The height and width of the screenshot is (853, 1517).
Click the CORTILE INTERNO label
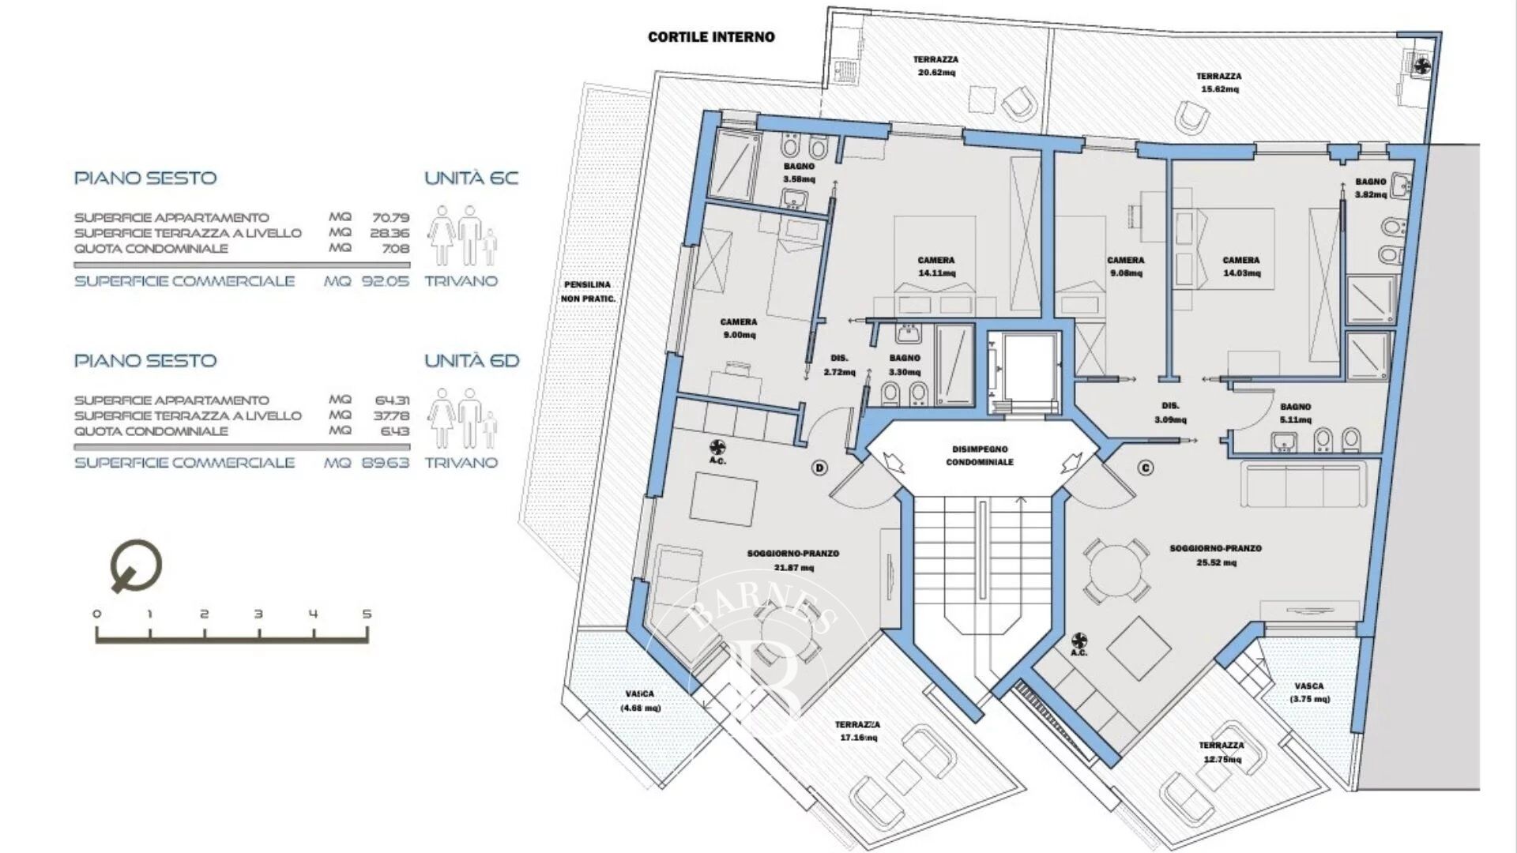pyautogui.click(x=711, y=36)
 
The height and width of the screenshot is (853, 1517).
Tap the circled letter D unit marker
pyautogui.click(x=820, y=468)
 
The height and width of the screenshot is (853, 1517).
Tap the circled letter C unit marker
pyautogui.click(x=1146, y=468)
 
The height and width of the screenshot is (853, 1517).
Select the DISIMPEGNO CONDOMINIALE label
pyautogui.click(x=980, y=456)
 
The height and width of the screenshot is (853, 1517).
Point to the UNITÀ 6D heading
pyautogui.click(x=472, y=361)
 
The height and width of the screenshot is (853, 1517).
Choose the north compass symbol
pyautogui.click(x=137, y=566)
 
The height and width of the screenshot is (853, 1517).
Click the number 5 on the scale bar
pyautogui.click(x=367, y=614)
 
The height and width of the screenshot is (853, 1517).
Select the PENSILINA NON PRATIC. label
pyautogui.click(x=587, y=291)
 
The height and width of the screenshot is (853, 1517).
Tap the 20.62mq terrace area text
pyautogui.click(x=936, y=73)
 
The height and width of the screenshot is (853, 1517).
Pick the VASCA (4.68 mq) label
pyautogui.click(x=640, y=701)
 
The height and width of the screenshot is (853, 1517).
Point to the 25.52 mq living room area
pyautogui.click(x=1215, y=562)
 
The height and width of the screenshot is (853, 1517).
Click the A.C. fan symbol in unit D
pyautogui.click(x=717, y=446)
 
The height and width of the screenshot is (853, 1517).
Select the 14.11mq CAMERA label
pyautogui.click(x=936, y=267)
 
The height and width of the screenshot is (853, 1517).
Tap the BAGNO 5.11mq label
pyautogui.click(x=1296, y=413)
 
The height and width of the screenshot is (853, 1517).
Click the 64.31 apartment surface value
pyautogui.click(x=391, y=400)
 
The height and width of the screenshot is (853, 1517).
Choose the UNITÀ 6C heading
pyautogui.click(x=472, y=178)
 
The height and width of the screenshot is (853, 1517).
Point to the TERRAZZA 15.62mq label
pyautogui.click(x=1219, y=83)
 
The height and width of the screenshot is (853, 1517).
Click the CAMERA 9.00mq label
pyautogui.click(x=738, y=329)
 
